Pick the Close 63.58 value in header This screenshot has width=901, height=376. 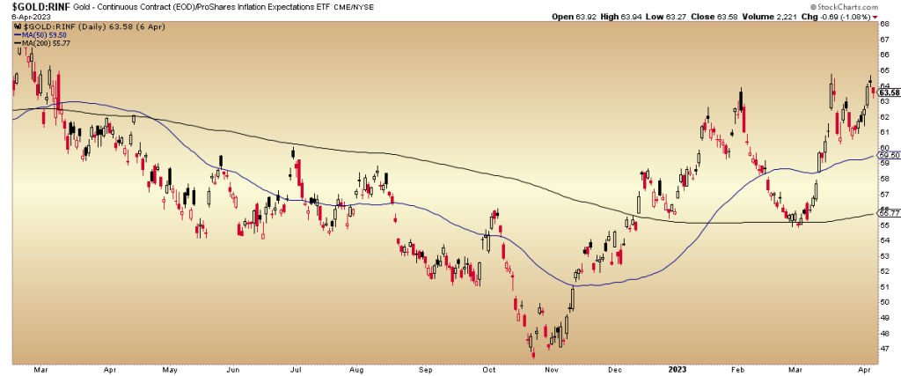click(695, 17)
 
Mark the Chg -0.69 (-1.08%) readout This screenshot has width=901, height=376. click(840, 17)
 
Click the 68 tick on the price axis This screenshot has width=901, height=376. click(884, 25)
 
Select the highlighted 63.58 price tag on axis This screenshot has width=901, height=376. click(888, 92)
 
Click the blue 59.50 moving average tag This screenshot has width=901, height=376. click(888, 156)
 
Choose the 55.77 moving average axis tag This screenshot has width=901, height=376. click(888, 213)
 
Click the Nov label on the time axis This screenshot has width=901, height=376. click(552, 369)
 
